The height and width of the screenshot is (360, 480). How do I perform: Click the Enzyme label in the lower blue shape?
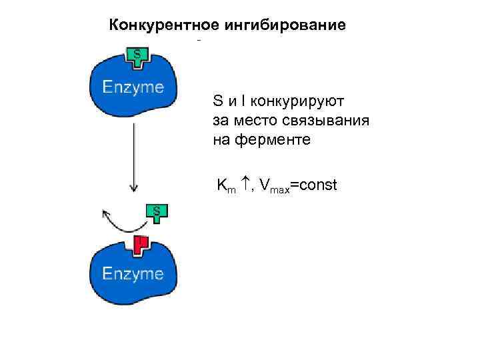pyautogui.click(x=133, y=273)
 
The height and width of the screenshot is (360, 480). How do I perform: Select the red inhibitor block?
pyautogui.click(x=139, y=245)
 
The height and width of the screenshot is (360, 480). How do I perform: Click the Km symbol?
pyautogui.click(x=225, y=185)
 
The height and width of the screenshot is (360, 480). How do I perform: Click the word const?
pyautogui.click(x=317, y=185)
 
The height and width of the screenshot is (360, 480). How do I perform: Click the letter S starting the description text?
pyautogui.click(x=217, y=102)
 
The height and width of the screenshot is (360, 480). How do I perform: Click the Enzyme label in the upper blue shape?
pyautogui.click(x=133, y=87)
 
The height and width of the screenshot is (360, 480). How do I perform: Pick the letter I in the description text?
pyautogui.click(x=245, y=102)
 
